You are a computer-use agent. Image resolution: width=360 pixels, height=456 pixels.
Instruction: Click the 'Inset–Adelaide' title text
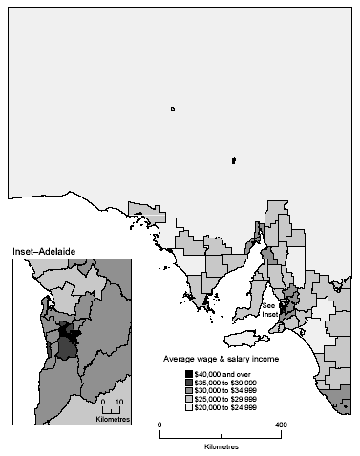44,251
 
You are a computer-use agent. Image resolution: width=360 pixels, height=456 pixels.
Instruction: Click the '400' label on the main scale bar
281,424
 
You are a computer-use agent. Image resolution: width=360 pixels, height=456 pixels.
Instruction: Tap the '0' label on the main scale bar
159,424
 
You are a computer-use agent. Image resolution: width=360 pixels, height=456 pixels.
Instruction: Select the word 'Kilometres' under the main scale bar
221,446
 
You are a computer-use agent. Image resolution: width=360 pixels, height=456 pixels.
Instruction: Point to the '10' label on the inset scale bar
119,402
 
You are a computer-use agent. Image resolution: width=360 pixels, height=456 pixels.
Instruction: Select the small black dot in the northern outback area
233,160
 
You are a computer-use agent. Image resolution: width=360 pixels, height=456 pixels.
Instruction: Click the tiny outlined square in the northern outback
172,109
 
